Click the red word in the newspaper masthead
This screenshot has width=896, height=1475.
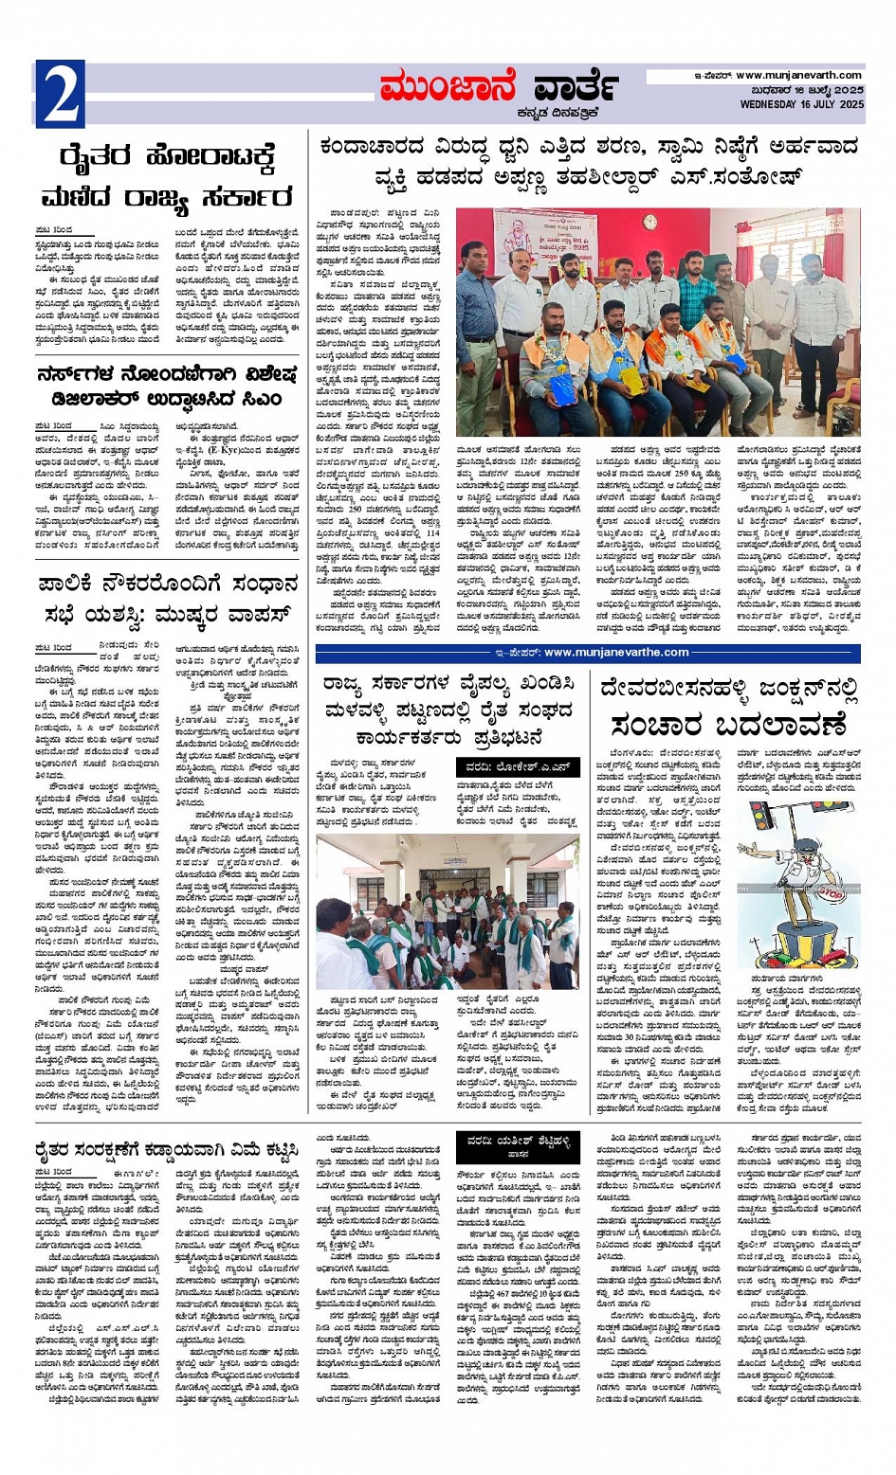coord(447,88)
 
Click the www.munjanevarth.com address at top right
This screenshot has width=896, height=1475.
coord(798,75)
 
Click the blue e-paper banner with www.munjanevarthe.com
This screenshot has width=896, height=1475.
coord(588,652)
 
